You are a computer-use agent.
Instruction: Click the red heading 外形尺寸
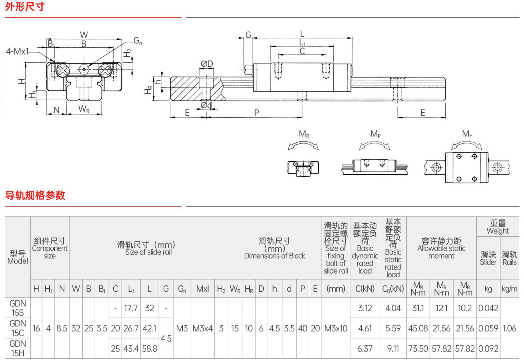click(25, 7)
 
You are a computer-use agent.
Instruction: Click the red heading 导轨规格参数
click(35, 195)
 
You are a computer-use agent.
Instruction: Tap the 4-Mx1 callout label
click(17, 51)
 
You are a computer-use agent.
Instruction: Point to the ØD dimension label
click(207, 64)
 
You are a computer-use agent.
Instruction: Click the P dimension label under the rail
click(257, 113)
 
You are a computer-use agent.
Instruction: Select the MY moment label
click(467, 134)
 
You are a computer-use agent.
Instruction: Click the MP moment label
click(375, 134)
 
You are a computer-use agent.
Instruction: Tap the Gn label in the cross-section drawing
click(138, 41)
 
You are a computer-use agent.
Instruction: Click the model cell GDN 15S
click(18, 308)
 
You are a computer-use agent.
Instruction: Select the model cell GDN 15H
click(18, 348)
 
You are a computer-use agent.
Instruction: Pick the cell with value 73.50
click(418, 348)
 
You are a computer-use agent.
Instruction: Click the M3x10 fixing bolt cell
click(336, 328)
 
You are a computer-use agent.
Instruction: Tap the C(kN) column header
click(365, 289)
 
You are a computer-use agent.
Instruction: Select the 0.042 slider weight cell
click(488, 308)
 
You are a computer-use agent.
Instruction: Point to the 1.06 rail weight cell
click(509, 328)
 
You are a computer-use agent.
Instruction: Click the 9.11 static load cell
click(393, 348)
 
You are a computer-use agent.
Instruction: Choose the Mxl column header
click(202, 289)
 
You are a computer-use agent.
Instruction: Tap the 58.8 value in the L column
click(149, 348)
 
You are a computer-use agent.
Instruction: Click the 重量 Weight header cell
click(497, 227)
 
